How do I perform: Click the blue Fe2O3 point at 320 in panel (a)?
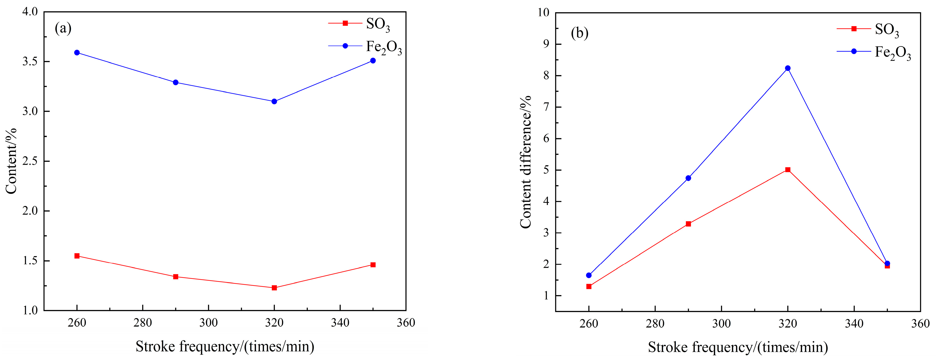click(274, 102)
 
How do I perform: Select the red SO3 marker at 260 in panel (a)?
click(77, 256)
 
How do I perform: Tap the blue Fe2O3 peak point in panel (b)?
click(788, 68)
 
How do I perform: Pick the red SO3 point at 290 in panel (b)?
click(688, 224)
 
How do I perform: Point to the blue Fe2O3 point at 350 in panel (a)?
click(373, 60)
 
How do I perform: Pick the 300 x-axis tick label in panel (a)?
click(209, 323)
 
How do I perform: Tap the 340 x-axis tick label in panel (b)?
click(854, 323)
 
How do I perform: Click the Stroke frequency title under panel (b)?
click(738, 347)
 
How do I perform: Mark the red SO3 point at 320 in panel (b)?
click(788, 170)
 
